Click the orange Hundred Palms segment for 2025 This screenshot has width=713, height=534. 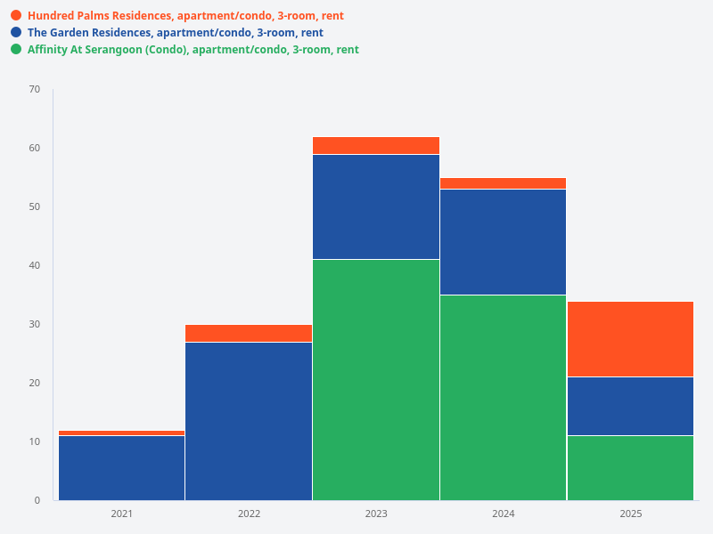630,339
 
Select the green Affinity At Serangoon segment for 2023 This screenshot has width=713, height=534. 376,379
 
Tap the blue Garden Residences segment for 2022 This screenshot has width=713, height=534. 249,421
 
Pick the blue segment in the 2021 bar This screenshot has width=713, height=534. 121,467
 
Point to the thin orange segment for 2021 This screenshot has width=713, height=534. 121,433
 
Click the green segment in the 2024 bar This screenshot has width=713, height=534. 503,397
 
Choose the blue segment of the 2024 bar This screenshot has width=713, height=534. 503,242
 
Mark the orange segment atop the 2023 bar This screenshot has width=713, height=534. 376,146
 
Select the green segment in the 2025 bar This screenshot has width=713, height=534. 630,467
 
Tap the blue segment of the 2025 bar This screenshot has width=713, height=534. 630,406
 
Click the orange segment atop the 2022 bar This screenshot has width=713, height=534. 249,334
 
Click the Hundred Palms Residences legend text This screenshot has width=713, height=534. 185,16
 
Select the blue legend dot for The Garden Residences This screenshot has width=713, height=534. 16,32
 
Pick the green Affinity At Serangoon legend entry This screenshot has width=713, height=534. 193,50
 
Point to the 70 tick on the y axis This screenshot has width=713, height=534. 35,89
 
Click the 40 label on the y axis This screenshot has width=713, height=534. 35,265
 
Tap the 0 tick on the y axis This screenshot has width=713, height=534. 37,500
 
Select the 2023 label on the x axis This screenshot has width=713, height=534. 376,514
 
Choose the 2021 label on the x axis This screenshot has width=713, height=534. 121,514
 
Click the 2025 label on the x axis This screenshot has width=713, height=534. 630,514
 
